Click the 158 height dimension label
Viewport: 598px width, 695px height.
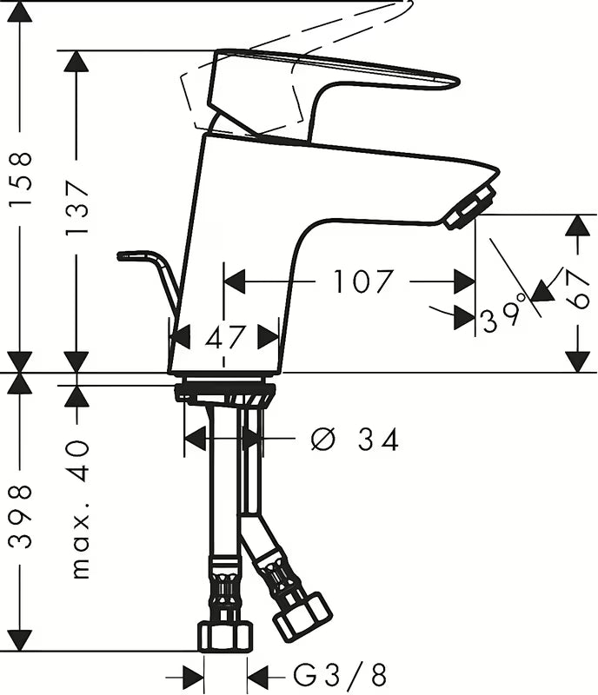tap(21, 178)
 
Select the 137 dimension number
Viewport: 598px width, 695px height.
tap(76, 208)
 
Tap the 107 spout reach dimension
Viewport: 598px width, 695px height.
tap(363, 281)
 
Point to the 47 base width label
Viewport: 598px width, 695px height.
tap(224, 338)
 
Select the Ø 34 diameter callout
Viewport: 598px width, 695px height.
tap(355, 440)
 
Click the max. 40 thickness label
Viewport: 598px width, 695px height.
tap(80, 509)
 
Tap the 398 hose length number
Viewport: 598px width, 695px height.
tap(21, 517)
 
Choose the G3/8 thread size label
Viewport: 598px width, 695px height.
tap(340, 676)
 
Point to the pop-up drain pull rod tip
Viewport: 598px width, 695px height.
tap(119, 256)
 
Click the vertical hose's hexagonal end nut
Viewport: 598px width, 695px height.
tap(225, 638)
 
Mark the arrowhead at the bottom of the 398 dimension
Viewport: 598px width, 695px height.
tap(20, 640)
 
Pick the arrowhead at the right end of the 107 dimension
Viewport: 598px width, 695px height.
tap(465, 281)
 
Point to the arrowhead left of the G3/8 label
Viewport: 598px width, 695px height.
tap(193, 678)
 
